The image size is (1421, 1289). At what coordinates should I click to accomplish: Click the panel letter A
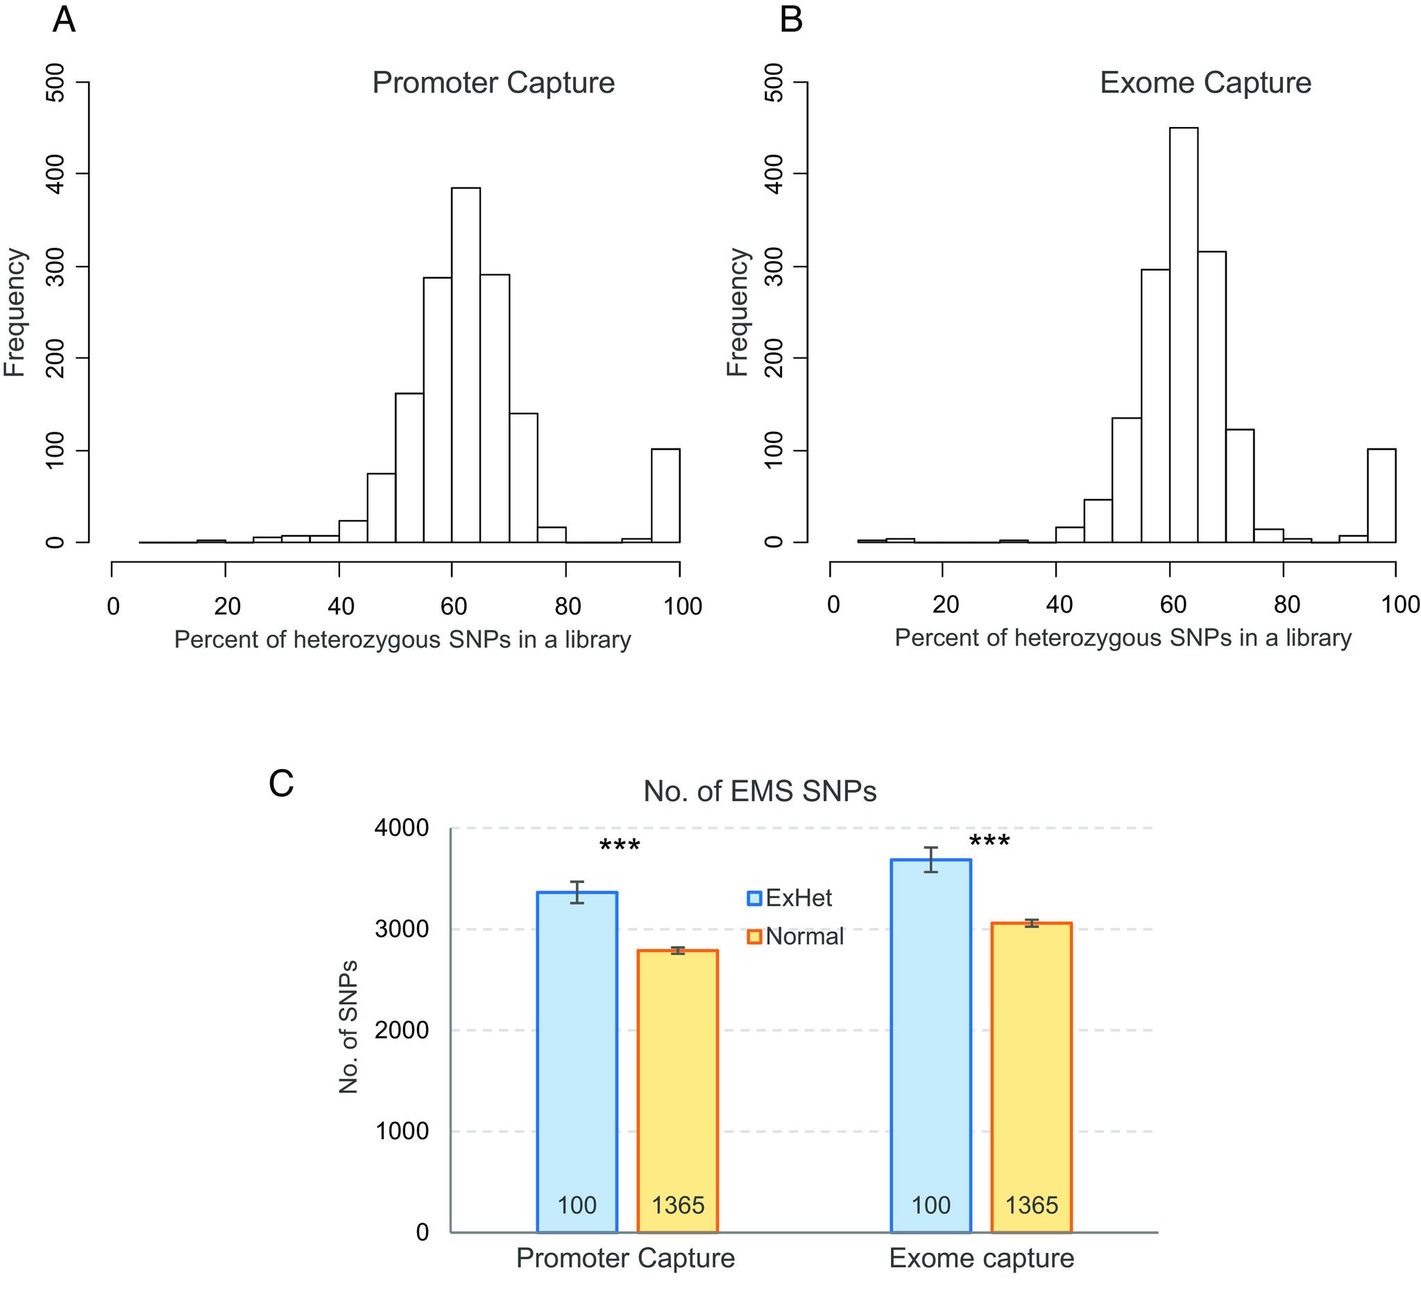tap(63, 19)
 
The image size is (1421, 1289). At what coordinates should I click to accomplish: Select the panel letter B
tap(792, 19)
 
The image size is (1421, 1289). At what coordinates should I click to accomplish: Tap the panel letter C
tap(281, 784)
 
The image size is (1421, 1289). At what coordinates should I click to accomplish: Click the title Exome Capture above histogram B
tap(1205, 83)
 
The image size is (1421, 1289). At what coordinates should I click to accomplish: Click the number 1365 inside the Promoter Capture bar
tap(677, 1205)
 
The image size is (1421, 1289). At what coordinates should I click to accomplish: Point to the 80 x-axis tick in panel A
tap(567, 606)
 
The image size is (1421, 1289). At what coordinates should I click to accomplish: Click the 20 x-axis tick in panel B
tap(944, 605)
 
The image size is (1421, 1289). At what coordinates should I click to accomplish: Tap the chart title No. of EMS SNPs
tap(760, 791)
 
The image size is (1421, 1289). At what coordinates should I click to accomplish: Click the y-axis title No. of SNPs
tap(348, 1027)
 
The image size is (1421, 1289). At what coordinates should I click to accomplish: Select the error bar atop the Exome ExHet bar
tap(931, 859)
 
